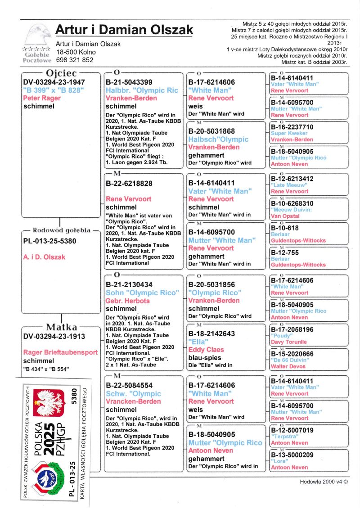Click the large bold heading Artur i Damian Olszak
coord(124,30)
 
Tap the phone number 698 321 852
coord(75,60)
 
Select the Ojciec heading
coord(61,73)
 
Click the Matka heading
coord(62,327)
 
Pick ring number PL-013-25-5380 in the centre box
coord(49,241)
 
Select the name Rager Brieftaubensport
coord(60,352)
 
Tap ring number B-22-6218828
coord(129,184)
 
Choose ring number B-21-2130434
coord(129,285)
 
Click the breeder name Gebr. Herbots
coord(128,301)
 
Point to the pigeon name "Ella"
coord(198,342)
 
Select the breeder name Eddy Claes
coord(206,350)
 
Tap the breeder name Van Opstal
coord(285,216)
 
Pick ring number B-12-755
coord(285,253)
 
